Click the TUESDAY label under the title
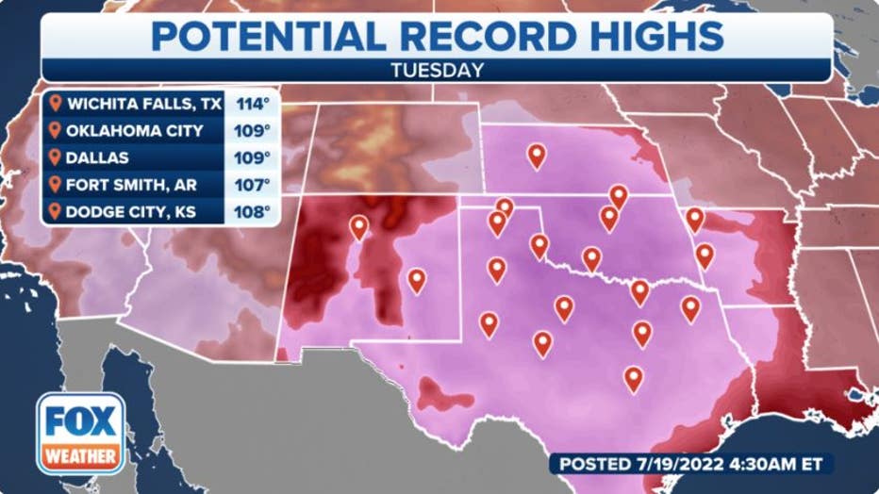439,70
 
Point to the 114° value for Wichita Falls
253,104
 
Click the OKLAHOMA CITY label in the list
134,131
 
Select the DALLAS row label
97,157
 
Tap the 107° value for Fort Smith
253,185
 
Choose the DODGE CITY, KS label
131,212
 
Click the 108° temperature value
253,212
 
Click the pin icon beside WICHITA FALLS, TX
56,104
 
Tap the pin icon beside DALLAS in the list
56,157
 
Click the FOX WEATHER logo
81,434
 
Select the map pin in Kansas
537,154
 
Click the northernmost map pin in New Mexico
358,225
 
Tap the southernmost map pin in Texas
633,377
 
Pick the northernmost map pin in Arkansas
695,218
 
